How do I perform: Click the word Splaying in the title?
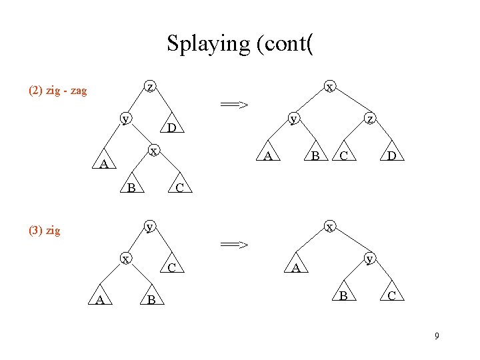[207, 44]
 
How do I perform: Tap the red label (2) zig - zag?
[57, 91]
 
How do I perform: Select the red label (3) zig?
[44, 231]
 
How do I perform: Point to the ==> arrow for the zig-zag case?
[235, 104]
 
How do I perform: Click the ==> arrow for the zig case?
[235, 245]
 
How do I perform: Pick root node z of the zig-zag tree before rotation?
[151, 87]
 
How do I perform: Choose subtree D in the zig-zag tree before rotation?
[171, 127]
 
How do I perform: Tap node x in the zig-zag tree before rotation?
[153, 151]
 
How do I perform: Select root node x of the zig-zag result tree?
[329, 87]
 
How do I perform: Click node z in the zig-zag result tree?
[370, 119]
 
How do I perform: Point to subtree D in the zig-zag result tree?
[393, 157]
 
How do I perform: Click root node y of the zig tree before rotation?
[151, 226]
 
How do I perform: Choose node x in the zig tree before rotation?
[125, 258]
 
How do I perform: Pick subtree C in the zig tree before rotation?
[171, 268]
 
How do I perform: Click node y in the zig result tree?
[370, 258]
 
